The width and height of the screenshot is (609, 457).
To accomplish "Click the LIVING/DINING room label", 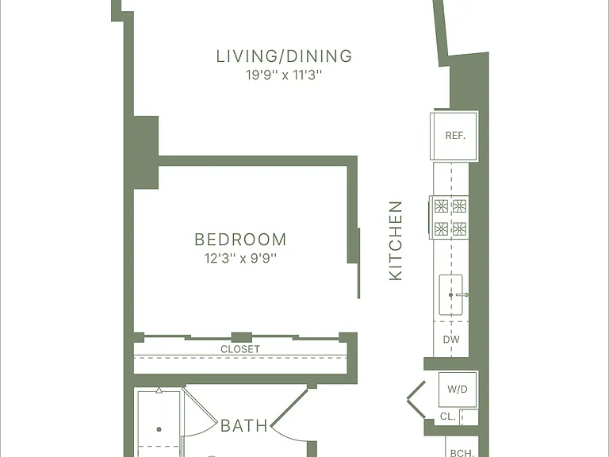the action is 284,56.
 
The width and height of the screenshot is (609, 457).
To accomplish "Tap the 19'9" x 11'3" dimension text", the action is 285,75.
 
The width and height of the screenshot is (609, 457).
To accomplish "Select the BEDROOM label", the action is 240,240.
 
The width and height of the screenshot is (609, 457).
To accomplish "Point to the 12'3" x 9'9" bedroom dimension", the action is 240,258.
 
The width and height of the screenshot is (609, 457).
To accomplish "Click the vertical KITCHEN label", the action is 396,240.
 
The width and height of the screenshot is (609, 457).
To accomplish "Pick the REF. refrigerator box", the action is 454,135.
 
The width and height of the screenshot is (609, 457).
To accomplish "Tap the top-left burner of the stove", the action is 441,206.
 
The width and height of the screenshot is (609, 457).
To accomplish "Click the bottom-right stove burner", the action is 459,228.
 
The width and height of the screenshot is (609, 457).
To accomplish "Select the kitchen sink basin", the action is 450,295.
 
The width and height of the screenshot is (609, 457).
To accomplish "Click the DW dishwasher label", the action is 451,340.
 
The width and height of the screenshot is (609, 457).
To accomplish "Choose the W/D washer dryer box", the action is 458,389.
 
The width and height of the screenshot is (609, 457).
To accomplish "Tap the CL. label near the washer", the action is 448,417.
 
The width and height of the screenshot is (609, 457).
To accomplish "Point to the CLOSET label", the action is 240,349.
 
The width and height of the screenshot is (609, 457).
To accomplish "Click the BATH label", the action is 244,426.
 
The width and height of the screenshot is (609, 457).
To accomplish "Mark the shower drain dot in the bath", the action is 159,429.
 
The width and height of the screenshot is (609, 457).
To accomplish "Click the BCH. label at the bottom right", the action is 462,453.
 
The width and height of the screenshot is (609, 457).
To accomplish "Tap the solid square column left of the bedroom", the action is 146,152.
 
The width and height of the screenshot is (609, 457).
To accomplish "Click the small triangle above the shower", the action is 159,390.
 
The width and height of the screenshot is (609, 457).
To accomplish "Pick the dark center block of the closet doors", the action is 242,337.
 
